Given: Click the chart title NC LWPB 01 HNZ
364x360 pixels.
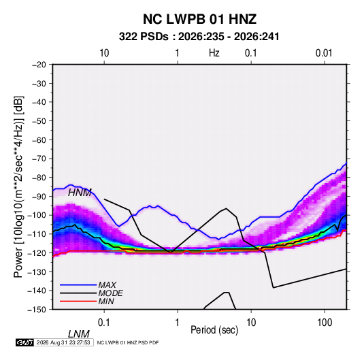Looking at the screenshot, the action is click(x=199, y=19).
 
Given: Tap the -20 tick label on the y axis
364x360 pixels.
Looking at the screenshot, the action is click(x=39, y=65).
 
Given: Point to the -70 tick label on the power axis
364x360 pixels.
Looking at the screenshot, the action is click(x=39, y=159).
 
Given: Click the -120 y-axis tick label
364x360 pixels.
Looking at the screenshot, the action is click(x=37, y=252).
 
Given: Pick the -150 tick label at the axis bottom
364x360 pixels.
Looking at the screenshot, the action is click(x=37, y=310).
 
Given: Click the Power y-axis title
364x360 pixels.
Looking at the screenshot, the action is click(x=18, y=186).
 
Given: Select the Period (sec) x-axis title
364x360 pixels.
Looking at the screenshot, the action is click(x=214, y=330).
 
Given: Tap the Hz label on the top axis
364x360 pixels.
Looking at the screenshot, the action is click(x=214, y=53).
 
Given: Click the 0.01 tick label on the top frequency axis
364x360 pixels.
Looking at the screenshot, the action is click(x=324, y=53).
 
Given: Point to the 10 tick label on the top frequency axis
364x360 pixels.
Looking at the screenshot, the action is click(x=104, y=53).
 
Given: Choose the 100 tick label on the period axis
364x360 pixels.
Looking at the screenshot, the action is click(x=325, y=322).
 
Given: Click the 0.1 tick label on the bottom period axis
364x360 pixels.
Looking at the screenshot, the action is click(x=103, y=322).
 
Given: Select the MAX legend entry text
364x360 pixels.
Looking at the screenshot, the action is click(x=107, y=285).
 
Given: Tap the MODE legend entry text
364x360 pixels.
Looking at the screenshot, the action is click(x=110, y=293).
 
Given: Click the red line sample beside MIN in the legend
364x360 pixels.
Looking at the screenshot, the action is click(x=78, y=301).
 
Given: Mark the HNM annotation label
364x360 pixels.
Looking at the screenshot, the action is click(x=80, y=193).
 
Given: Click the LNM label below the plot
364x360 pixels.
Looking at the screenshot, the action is click(x=79, y=334).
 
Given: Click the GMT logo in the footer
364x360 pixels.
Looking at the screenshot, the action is click(x=25, y=342).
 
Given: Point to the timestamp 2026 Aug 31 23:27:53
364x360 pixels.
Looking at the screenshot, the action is click(x=63, y=342).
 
